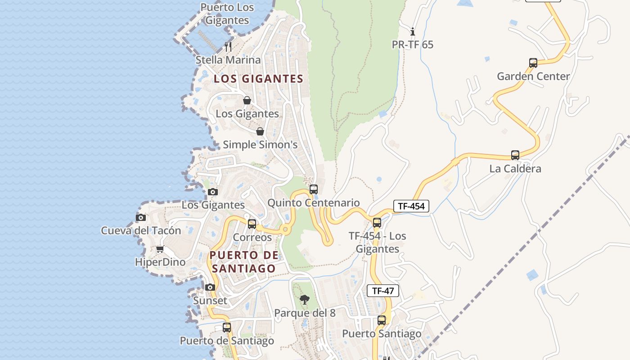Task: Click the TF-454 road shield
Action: click(411, 206)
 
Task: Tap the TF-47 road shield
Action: click(383, 291)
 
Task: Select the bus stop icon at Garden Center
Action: click(533, 63)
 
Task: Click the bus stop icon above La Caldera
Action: click(515, 155)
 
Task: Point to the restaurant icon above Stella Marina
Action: click(228, 46)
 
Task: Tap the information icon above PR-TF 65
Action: click(413, 31)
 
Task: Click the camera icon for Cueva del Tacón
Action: click(141, 217)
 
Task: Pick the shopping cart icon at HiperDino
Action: click(160, 249)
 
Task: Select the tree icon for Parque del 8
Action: click(305, 300)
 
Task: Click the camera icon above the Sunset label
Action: click(210, 287)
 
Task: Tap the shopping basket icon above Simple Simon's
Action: click(260, 131)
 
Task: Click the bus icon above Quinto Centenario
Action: click(314, 189)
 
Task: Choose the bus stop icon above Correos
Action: click(252, 224)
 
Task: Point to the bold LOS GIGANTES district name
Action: click(258, 79)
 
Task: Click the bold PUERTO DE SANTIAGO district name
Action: click(244, 262)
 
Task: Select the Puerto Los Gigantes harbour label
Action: click(227, 13)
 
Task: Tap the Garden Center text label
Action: click(533, 76)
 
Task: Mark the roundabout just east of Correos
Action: click(285, 229)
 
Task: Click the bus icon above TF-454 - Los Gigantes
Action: click(377, 222)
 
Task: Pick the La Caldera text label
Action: click(515, 169)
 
